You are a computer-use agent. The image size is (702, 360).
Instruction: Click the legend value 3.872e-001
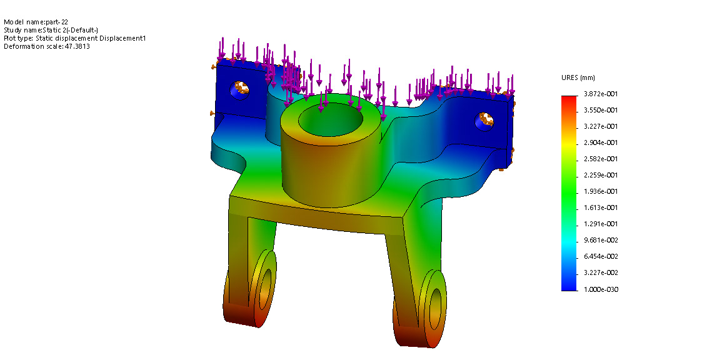coord(601,94)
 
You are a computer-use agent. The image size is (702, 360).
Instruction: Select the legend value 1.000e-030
coord(601,289)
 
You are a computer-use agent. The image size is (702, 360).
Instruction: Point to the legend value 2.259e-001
coord(601,175)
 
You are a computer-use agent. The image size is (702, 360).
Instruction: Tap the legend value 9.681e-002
coord(601,241)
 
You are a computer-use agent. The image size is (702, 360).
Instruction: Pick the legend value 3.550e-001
coord(601,110)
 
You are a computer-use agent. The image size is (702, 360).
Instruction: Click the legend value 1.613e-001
coord(601,207)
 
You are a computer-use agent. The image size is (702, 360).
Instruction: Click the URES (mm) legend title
coord(578,78)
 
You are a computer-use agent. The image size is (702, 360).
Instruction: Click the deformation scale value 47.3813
coord(77,46)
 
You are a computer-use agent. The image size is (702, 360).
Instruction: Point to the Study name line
coord(51,30)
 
